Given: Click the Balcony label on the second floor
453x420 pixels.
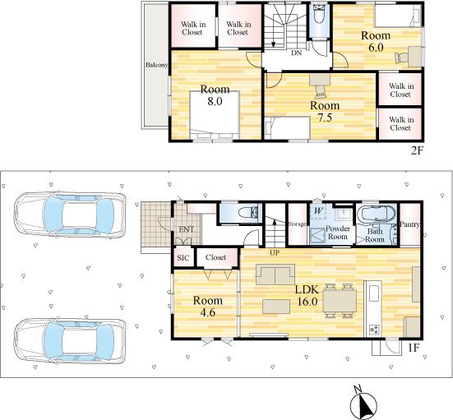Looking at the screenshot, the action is [156, 65].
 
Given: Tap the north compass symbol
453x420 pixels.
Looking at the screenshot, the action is [363, 403].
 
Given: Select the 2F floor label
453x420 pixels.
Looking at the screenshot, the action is [417, 150].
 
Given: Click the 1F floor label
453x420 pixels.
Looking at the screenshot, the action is [414, 348].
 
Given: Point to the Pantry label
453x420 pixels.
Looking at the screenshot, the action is [409, 224].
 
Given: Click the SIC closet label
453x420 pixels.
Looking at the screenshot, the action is [183, 257].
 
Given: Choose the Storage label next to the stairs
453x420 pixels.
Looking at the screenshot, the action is [297, 224].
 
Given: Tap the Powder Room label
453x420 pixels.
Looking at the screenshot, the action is [337, 233].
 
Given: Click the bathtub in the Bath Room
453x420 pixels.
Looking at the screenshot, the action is [376, 214].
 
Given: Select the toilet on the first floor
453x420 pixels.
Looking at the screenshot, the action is [249, 213].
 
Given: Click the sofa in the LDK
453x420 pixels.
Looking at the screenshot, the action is [275, 275].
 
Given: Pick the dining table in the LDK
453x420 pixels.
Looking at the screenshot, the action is [340, 301].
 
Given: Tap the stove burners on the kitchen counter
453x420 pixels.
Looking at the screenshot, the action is [374, 329].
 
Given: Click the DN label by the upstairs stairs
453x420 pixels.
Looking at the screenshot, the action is [296, 53].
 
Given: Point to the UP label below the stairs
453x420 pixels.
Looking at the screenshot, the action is [275, 253].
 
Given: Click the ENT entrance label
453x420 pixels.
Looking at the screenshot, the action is [187, 229].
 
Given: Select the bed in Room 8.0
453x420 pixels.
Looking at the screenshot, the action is [215, 115].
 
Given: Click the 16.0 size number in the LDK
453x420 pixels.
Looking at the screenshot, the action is [307, 302].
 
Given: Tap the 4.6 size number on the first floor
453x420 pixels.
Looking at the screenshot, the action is [207, 312].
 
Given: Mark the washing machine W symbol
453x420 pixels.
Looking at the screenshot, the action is [318, 210].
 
